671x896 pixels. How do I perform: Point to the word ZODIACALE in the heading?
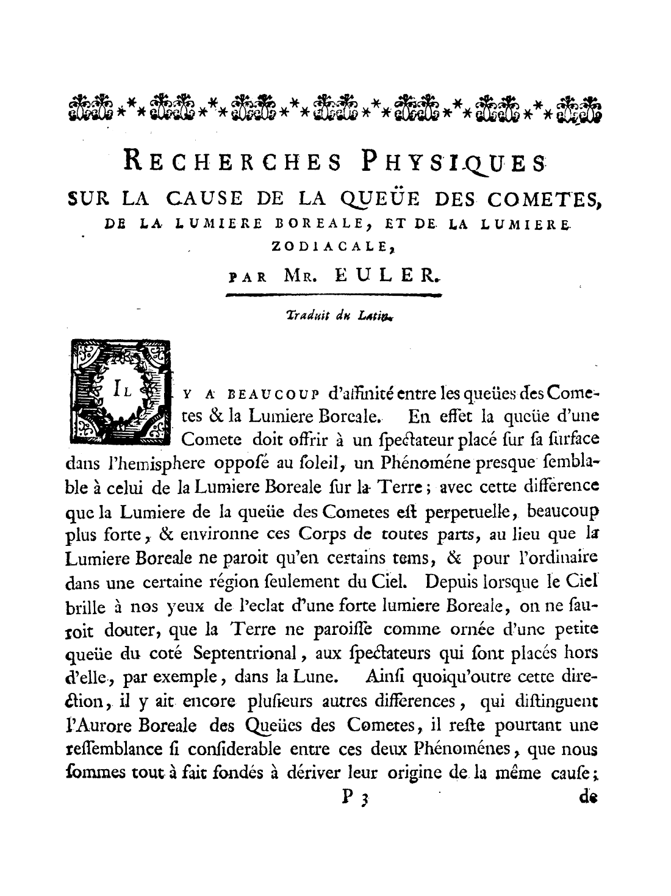[335, 246]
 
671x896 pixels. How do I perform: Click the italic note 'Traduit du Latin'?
[339, 315]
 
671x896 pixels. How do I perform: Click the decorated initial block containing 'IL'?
[121, 392]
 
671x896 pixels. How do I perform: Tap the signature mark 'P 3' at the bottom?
[353, 798]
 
